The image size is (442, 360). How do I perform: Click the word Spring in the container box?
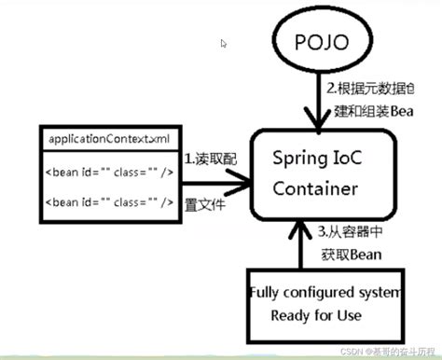297,161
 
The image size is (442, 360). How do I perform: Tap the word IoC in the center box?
347,161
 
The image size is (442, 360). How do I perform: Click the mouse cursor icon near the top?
224,43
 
